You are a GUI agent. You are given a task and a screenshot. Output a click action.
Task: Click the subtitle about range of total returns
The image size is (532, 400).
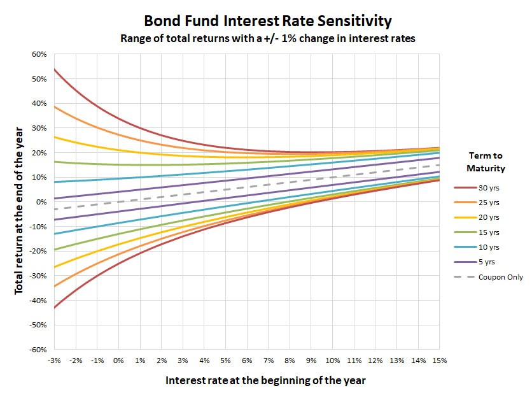(268, 38)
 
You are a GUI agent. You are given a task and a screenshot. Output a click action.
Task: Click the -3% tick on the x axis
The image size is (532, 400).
(53, 361)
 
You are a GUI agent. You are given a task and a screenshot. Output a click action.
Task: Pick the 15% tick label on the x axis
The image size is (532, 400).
(439, 361)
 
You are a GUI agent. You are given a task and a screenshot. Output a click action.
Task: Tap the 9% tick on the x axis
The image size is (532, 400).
(311, 361)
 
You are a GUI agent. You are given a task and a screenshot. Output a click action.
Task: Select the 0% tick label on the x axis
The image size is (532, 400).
(118, 361)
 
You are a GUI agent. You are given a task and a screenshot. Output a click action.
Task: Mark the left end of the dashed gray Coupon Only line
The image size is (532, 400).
(55, 209)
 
